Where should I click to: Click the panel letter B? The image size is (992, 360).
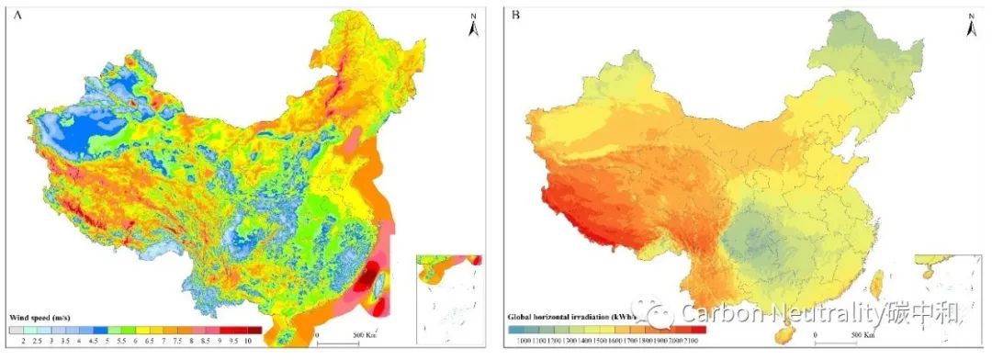click(x=515, y=16)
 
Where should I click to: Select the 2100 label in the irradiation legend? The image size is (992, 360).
click(x=694, y=341)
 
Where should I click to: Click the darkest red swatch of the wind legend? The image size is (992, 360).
click(x=254, y=329)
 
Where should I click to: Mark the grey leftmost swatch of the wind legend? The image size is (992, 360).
click(x=16, y=329)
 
